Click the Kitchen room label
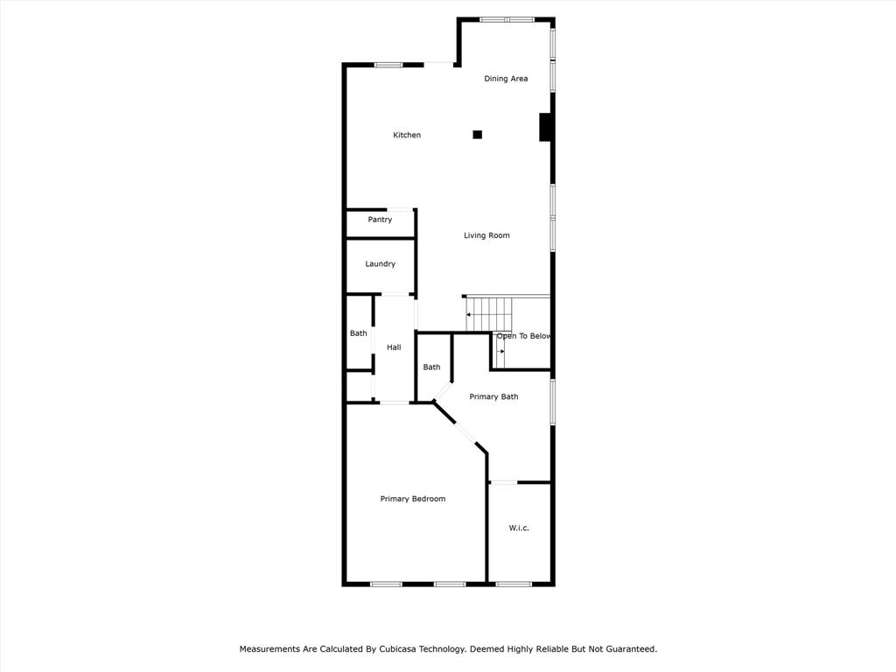(x=407, y=135)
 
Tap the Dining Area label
(x=506, y=79)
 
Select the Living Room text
(x=486, y=235)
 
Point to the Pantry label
(x=380, y=220)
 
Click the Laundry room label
(x=380, y=263)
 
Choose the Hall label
(x=394, y=347)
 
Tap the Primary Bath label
(x=493, y=396)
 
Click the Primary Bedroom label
(x=412, y=499)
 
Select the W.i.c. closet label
(x=519, y=528)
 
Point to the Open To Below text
(x=523, y=336)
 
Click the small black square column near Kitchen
(x=477, y=135)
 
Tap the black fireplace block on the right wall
(x=544, y=128)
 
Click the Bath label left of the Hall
(x=359, y=333)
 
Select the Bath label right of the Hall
(x=431, y=367)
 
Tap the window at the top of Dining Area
(x=507, y=19)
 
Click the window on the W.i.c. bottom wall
(x=514, y=584)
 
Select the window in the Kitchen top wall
(x=388, y=65)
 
